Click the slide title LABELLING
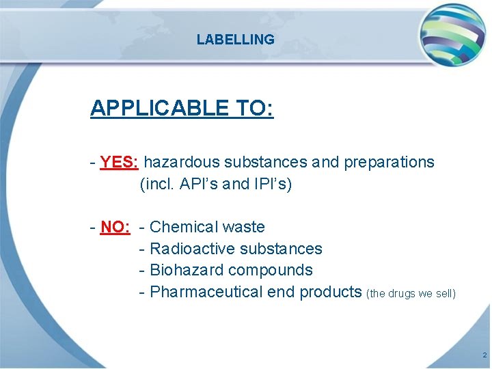point(235,40)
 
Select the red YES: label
point(120,163)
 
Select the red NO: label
point(115,227)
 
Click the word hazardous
point(182,163)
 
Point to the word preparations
point(389,163)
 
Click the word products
point(331,292)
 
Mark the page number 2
point(484,356)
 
